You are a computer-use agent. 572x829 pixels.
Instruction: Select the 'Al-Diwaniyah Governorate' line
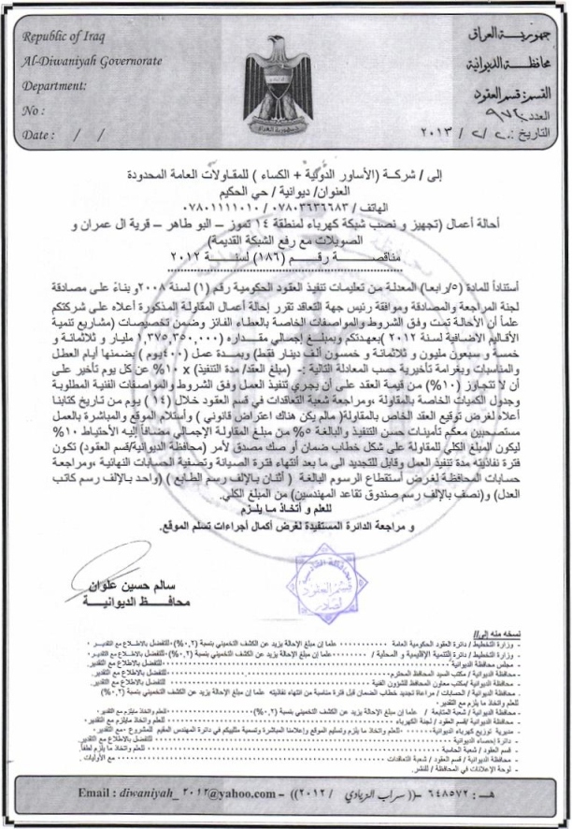click(x=80, y=61)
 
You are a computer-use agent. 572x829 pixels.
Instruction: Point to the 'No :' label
click(x=33, y=110)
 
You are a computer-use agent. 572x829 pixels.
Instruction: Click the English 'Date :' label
click(x=39, y=135)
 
